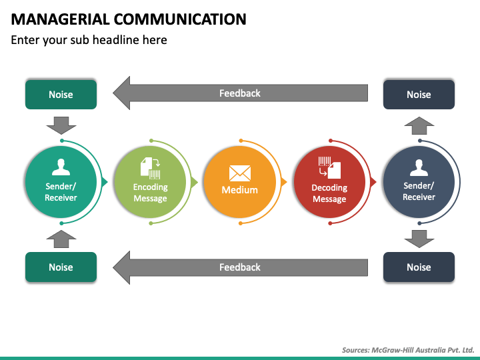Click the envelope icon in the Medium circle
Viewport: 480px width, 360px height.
[240, 173]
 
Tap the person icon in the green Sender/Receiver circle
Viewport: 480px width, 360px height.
[61, 167]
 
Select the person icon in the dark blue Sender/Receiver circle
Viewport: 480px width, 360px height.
[419, 167]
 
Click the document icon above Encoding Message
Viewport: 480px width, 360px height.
[150, 168]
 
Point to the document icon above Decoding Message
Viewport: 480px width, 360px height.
[329, 167]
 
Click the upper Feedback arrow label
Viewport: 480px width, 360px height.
[240, 93]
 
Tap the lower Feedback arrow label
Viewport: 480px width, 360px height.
[240, 267]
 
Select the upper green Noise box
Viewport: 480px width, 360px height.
[61, 94]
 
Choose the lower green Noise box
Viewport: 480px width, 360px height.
[61, 267]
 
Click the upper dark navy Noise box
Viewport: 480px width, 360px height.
[419, 94]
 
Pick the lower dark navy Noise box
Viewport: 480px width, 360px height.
[419, 267]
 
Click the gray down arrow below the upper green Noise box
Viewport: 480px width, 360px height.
[61, 125]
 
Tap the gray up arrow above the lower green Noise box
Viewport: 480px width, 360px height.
[61, 239]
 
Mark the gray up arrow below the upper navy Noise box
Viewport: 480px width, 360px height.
[419, 125]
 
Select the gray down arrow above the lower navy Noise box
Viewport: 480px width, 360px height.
[419, 239]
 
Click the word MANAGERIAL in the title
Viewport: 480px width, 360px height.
[60, 19]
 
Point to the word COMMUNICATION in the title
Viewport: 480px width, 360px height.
[180, 19]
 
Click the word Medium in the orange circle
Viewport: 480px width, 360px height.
[240, 190]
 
